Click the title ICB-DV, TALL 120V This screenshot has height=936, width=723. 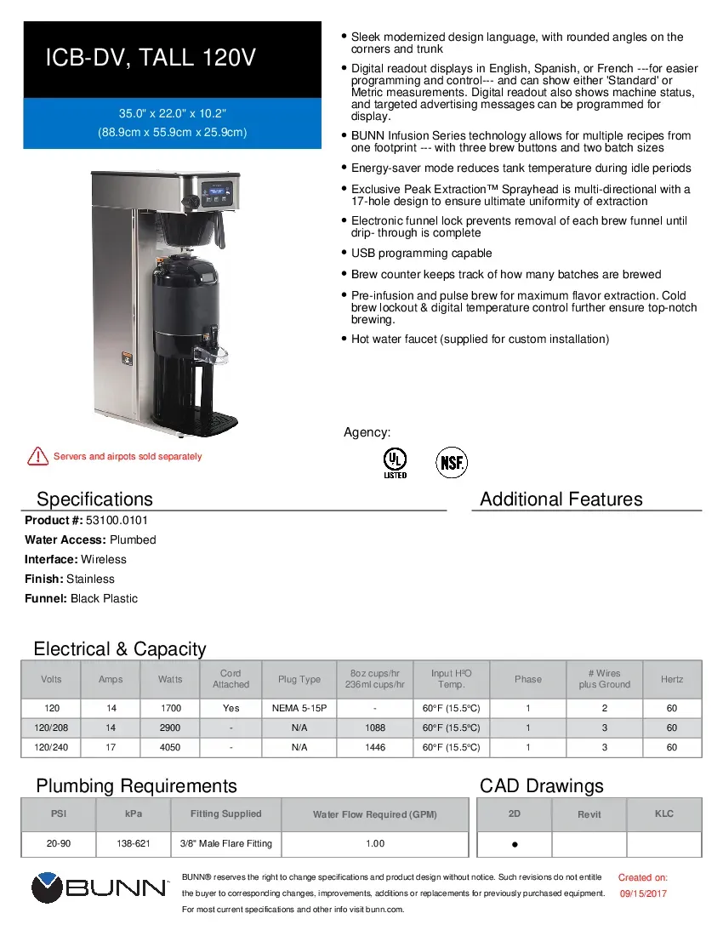click(x=151, y=59)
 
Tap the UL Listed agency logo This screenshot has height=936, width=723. click(x=395, y=463)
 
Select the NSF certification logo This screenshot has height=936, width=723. click(x=452, y=463)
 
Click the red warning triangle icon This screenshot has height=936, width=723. click(x=37, y=456)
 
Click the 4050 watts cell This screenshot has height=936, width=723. click(x=170, y=747)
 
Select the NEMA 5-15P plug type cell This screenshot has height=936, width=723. click(x=299, y=708)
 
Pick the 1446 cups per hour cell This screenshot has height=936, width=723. click(x=374, y=747)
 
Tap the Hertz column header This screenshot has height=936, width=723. click(x=672, y=679)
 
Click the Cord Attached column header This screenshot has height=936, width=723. click(x=231, y=679)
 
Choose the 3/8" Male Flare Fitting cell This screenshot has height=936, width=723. click(x=225, y=843)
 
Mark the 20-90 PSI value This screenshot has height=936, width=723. click(x=59, y=843)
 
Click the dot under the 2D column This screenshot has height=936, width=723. click(x=515, y=845)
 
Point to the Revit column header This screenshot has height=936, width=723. click(x=589, y=814)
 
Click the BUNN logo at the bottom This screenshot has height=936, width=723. click(x=100, y=888)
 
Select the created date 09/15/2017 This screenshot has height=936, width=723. click(x=643, y=893)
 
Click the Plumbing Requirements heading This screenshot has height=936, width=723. click(x=136, y=785)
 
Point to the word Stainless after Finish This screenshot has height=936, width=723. click(x=90, y=579)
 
